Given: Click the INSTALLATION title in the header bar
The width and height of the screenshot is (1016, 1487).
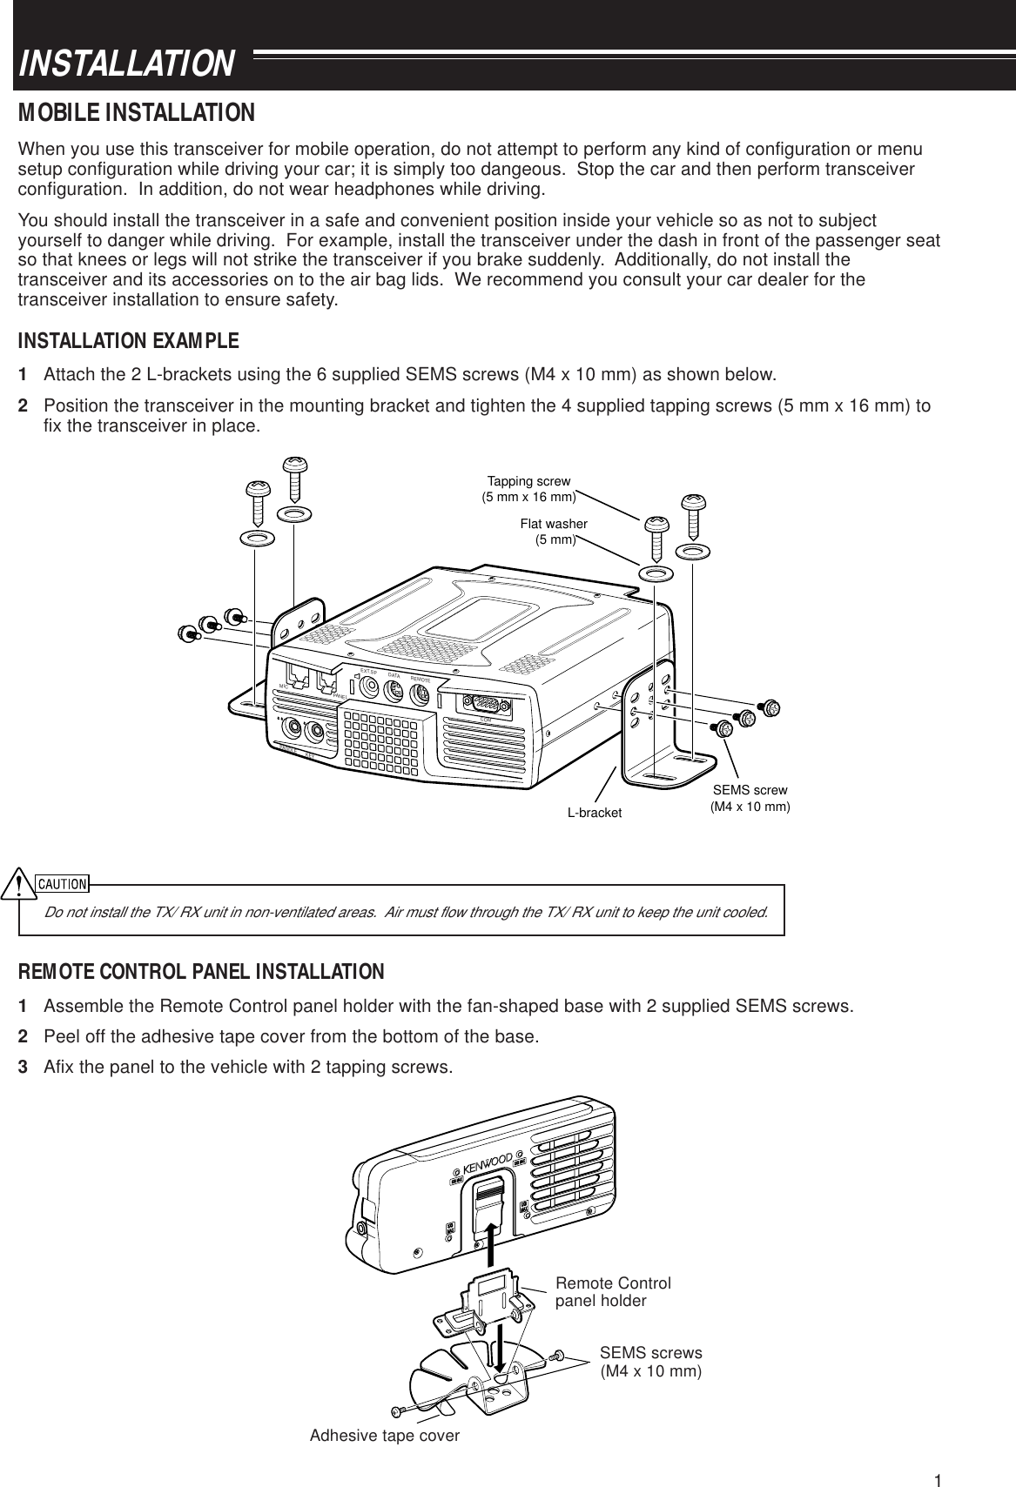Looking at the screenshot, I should [127, 64].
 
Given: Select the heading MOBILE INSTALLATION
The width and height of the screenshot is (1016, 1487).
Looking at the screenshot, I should [137, 113].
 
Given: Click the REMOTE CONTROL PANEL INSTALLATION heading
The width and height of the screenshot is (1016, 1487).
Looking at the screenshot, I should [201, 970].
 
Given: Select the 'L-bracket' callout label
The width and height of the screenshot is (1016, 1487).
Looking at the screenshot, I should [595, 813].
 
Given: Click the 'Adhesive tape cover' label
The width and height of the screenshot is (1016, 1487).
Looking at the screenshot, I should [384, 1436].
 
